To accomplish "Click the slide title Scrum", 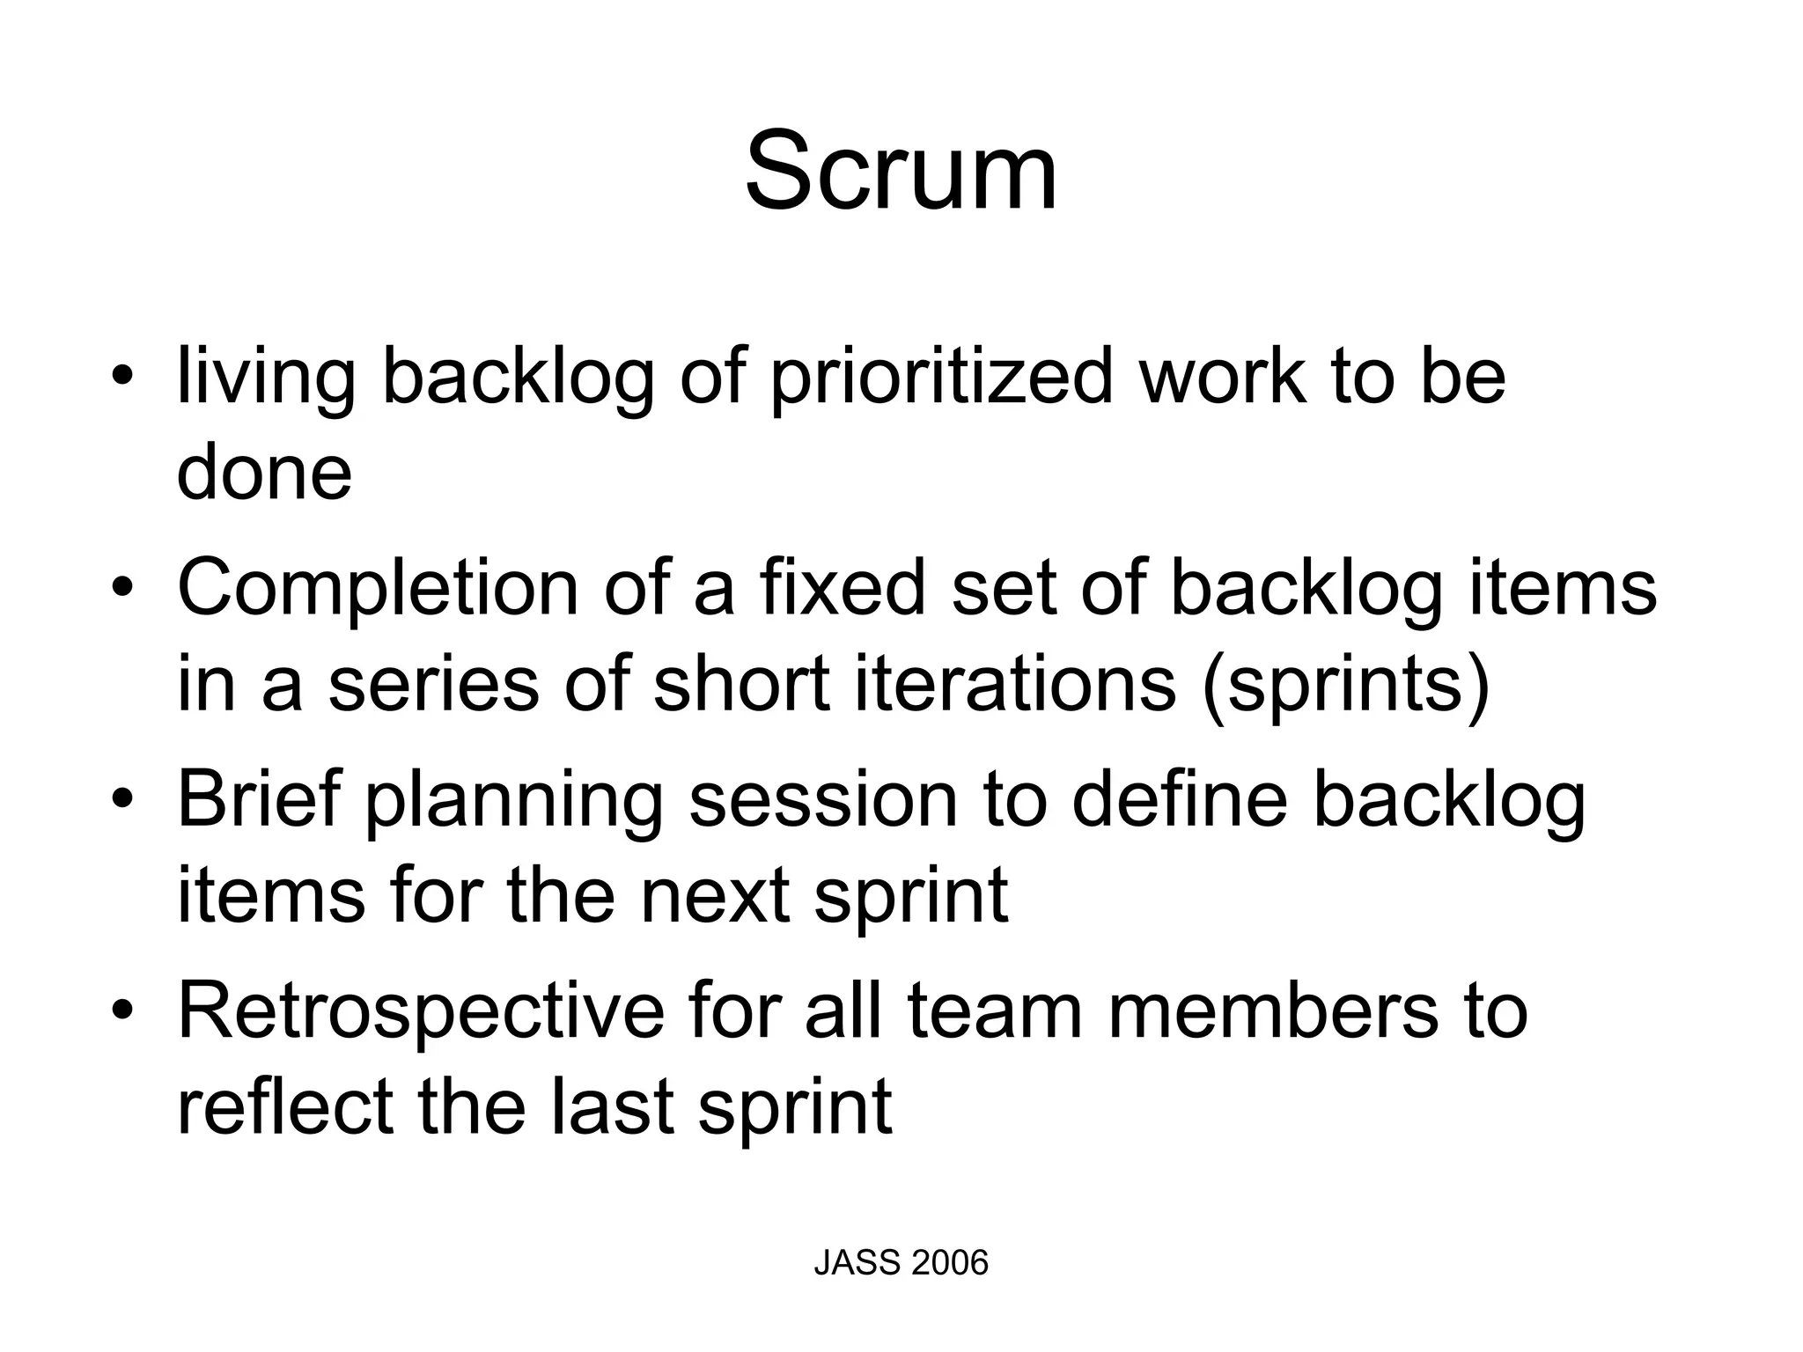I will [901, 171].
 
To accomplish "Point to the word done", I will [264, 473].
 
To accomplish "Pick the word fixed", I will [843, 587].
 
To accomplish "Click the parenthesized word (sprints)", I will [1346, 686].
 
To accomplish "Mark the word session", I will [822, 799].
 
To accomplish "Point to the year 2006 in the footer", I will [950, 1263].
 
